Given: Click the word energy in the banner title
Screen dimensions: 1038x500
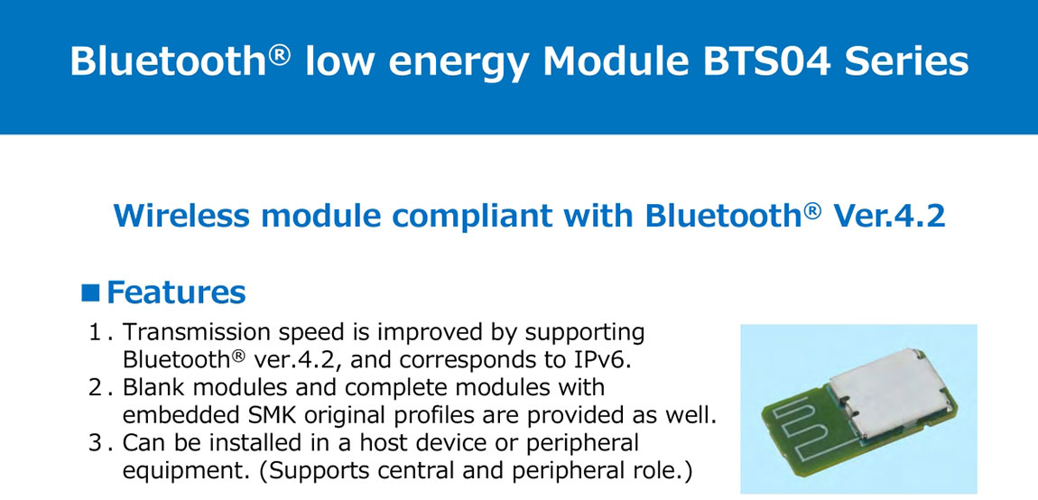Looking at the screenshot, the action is (463, 67).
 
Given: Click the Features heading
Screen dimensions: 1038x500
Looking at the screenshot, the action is (176, 292).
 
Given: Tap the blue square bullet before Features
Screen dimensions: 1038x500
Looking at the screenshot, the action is (90, 292).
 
